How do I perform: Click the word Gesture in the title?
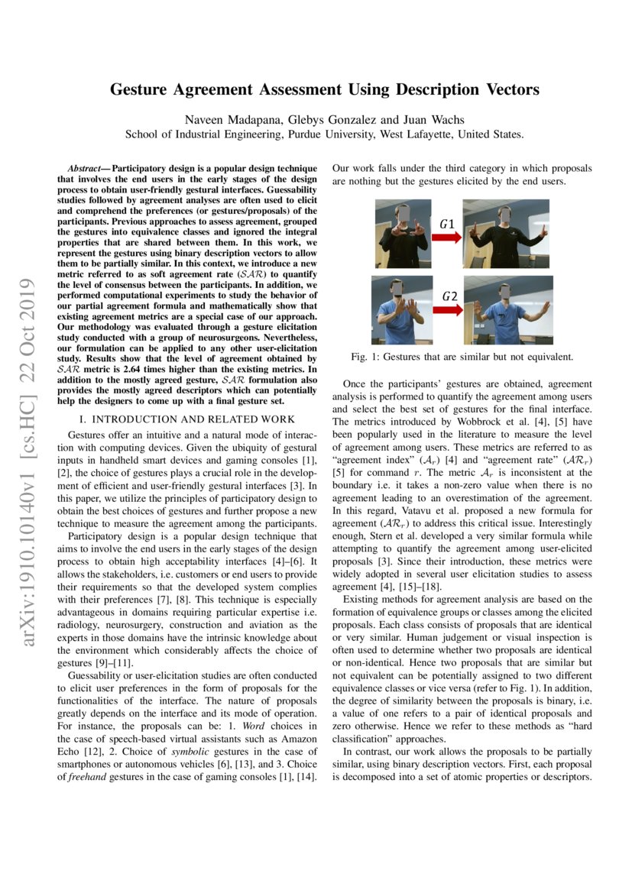tap(145, 89)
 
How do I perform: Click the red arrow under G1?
tap(446, 238)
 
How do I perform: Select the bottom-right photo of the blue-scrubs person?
tap(506, 309)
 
